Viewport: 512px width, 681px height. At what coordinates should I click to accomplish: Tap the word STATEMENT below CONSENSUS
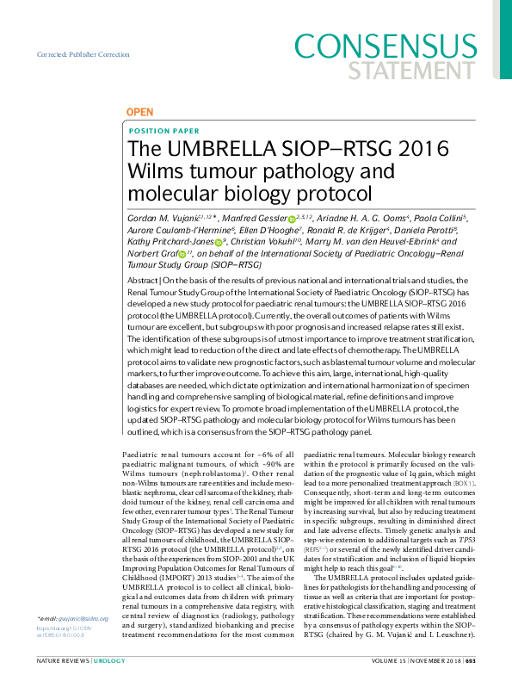pyautogui.click(x=431, y=69)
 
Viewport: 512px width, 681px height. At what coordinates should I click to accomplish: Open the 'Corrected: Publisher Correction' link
pyautogui.click(x=81, y=54)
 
